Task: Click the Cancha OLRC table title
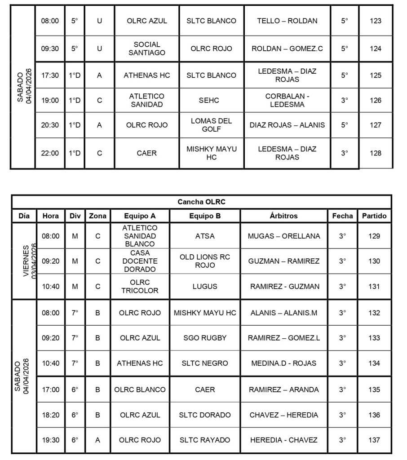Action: point(201,202)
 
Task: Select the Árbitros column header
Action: point(284,216)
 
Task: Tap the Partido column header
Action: point(374,216)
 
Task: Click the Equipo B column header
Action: point(205,216)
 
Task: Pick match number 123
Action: point(375,21)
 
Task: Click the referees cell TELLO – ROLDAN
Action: point(287,21)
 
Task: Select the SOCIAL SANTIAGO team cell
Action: point(146,49)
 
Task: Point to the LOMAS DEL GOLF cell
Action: point(211,125)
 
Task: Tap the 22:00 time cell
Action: point(50,153)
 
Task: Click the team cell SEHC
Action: point(211,100)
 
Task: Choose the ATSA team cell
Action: point(205,236)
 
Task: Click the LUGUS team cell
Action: point(205,286)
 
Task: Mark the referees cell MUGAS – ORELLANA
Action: point(284,236)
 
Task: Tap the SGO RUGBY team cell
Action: point(205,338)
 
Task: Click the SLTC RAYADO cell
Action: point(205,440)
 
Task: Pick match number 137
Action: point(374,440)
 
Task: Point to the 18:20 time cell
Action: point(50,415)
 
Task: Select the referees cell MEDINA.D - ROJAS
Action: point(284,363)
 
